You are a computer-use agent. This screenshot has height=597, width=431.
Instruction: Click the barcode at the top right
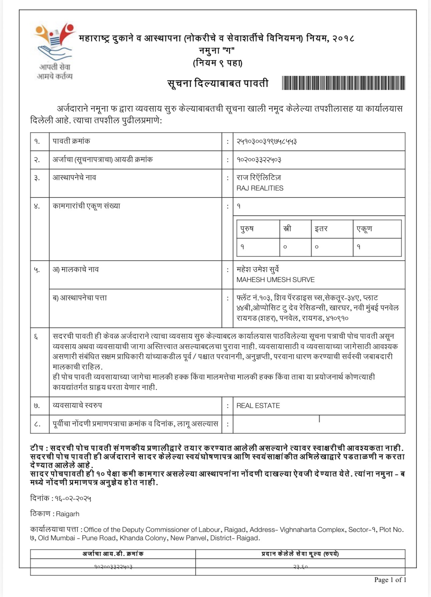point(343,83)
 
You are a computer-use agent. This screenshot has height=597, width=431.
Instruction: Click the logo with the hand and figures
point(54,42)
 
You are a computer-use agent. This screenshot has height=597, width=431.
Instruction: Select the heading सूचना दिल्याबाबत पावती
point(218,83)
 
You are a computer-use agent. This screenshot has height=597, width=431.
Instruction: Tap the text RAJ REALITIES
point(260,188)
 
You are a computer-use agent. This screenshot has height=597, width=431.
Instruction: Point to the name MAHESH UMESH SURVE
point(275,280)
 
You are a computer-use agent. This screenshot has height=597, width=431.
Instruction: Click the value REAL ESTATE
point(258,406)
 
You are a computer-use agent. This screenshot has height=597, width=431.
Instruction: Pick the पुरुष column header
point(247,229)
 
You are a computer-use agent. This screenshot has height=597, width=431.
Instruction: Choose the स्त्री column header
point(287,229)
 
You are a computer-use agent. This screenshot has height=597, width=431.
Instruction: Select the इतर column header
point(321,229)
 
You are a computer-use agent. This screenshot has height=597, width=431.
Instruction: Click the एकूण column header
point(364,229)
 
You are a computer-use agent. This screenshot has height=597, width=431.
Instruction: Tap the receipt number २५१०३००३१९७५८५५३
point(267,141)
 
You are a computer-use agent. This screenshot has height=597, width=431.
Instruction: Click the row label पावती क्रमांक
point(71,141)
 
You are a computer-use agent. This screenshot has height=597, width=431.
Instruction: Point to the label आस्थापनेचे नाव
point(74,177)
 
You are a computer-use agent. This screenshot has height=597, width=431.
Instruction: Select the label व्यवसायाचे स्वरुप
point(77,405)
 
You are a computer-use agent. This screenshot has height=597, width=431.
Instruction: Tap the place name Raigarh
point(67,514)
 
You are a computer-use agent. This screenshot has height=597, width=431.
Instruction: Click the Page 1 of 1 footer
point(390,580)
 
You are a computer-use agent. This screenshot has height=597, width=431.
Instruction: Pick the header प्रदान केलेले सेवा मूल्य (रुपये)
point(300,554)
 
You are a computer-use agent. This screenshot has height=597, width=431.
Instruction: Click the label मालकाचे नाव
point(76,269)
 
